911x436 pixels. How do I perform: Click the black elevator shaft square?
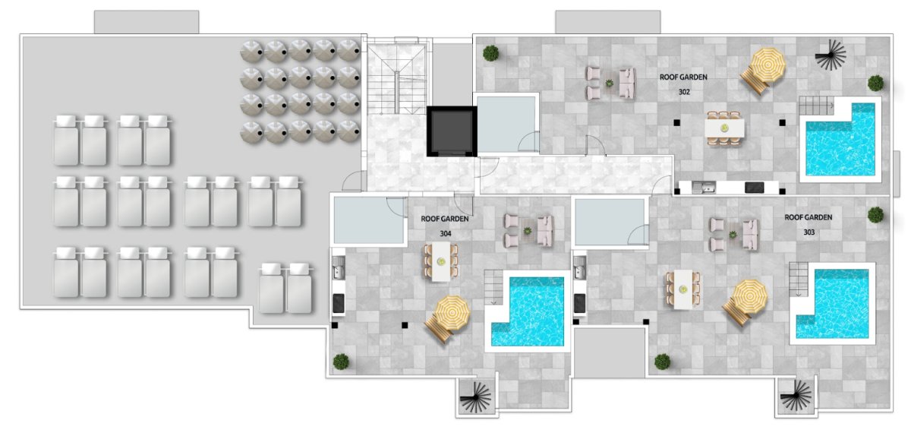(452, 131)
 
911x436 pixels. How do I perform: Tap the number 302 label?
(684, 93)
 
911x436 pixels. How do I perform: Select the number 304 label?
(446, 234)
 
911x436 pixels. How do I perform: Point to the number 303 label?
(809, 232)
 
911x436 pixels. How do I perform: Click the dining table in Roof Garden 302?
(725, 128)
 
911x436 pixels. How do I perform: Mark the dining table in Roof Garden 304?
(441, 261)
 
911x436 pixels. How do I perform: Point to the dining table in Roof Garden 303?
(683, 289)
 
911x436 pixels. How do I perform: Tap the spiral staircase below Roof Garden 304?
(475, 397)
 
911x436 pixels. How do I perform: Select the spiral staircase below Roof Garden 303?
(796, 396)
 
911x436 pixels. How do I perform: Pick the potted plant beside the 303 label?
(875, 215)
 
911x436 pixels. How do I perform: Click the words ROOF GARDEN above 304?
(445, 219)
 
